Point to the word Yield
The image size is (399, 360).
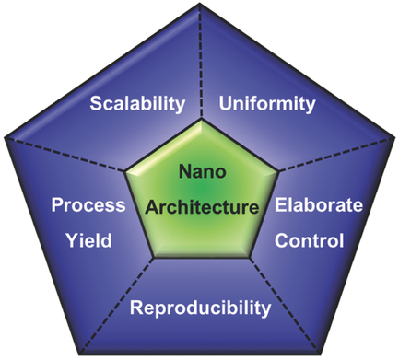point(88,241)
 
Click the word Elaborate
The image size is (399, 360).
point(310,204)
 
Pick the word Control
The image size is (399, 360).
point(310,241)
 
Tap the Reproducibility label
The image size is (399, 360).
point(200,307)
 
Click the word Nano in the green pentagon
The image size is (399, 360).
point(200,171)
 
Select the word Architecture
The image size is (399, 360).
point(200,207)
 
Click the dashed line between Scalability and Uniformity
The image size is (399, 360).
point(200,64)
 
